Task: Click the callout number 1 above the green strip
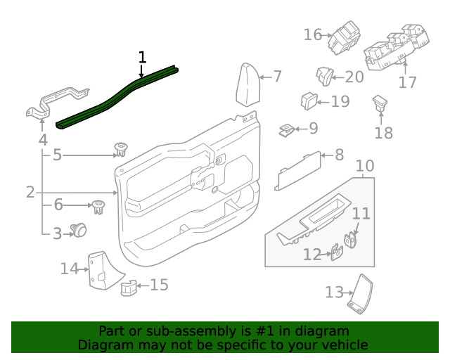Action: pos(142,57)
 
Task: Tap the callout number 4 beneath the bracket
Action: pos(43,140)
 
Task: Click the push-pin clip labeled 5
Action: pos(121,150)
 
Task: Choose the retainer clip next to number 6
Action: pos(98,206)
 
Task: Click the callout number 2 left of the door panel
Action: pos(30,192)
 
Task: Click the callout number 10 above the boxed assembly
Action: pos(365,167)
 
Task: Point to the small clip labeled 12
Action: pos(337,252)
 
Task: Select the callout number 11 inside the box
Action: pos(360,213)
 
